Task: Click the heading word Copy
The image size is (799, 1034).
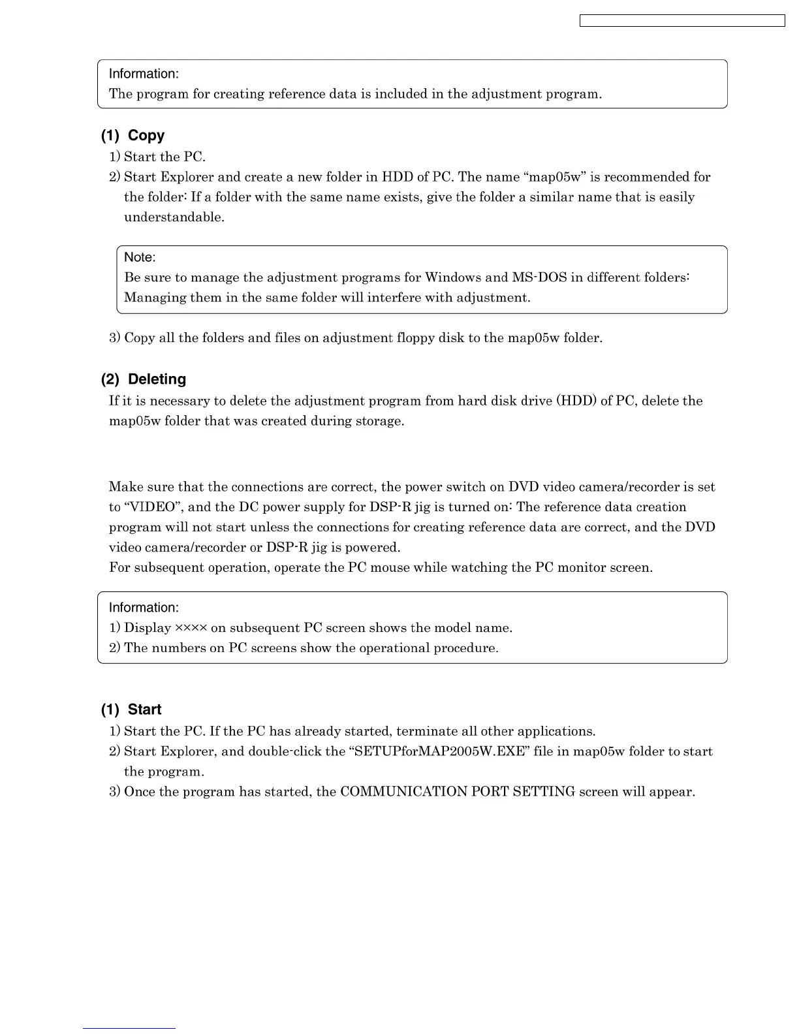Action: click(x=146, y=136)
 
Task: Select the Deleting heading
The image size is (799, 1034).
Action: click(x=157, y=379)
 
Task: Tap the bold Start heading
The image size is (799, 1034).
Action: click(x=144, y=710)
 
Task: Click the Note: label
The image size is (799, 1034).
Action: click(x=140, y=257)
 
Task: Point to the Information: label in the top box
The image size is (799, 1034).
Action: click(x=144, y=74)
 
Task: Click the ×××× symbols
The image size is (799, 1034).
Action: click(x=191, y=628)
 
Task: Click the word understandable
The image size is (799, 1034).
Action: click(x=174, y=217)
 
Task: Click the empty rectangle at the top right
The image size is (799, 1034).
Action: click(x=682, y=21)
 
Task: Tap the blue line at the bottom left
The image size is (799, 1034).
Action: click(x=129, y=1028)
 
